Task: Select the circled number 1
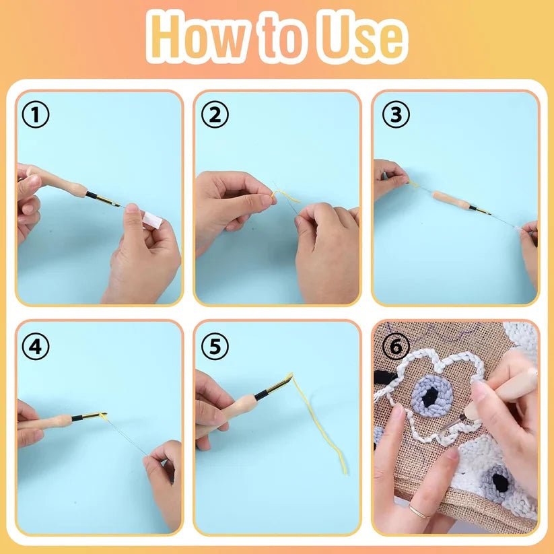(x=36, y=116)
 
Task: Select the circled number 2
(x=215, y=116)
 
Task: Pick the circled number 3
(x=396, y=116)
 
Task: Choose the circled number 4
(x=36, y=347)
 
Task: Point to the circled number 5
(x=215, y=347)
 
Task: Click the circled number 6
(x=396, y=347)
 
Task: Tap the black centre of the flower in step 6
(x=429, y=397)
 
